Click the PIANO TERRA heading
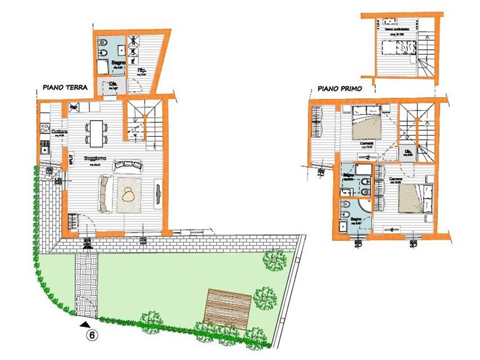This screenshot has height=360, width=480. tap(65, 87)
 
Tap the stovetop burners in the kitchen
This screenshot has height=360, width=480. tap(44, 128)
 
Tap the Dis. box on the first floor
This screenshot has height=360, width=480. tap(409, 152)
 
